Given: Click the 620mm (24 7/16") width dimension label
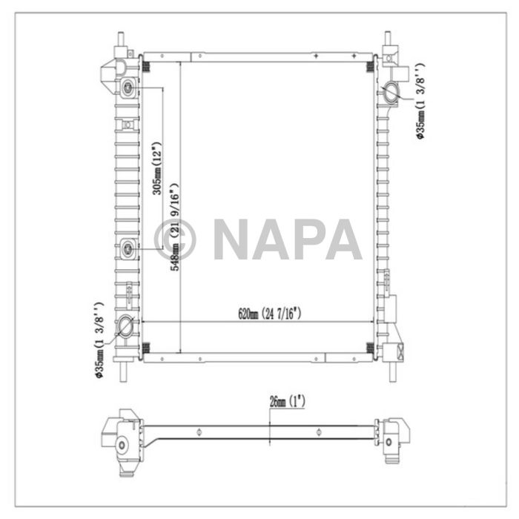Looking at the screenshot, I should click(x=270, y=314).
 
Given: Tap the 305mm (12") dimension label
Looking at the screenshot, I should click(x=156, y=168).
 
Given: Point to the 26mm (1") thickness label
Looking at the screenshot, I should click(x=287, y=401).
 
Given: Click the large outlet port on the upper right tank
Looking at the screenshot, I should click(x=391, y=93).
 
